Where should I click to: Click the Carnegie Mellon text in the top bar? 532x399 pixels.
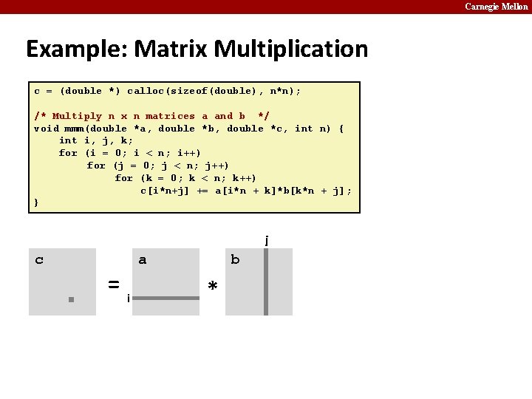point(496,7)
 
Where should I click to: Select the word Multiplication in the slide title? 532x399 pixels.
point(291,50)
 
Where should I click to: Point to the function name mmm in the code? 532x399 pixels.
point(74,129)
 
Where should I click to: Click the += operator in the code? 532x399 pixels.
point(202,191)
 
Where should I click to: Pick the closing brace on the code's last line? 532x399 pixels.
point(36,202)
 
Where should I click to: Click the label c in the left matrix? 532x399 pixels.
point(39,259)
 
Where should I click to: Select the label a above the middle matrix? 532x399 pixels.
point(143,259)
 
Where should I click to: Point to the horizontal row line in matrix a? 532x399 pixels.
point(166,299)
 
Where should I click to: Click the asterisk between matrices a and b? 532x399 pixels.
point(213,286)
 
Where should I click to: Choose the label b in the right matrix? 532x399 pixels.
point(235,259)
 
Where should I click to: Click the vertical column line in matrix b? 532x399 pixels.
point(266,282)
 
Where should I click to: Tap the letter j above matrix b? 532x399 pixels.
point(266,239)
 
